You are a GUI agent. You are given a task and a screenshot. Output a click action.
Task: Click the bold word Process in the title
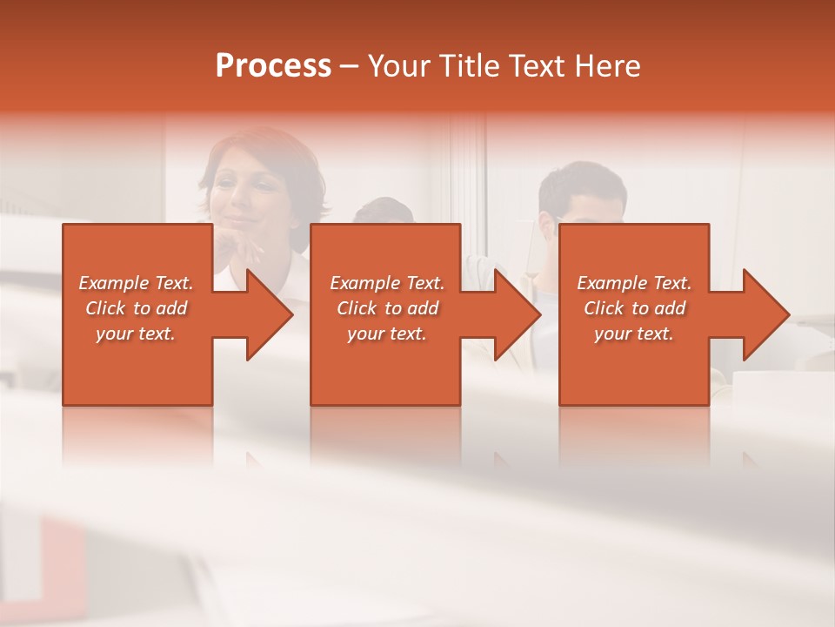[273, 66]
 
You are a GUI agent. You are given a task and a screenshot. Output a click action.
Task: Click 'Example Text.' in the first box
[136, 283]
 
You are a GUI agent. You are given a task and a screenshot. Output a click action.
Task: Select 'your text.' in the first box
[136, 334]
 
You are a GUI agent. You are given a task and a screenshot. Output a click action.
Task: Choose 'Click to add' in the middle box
[387, 308]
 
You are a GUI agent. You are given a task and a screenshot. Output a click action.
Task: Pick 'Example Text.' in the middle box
[387, 283]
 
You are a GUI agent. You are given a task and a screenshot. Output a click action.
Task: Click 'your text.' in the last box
[634, 334]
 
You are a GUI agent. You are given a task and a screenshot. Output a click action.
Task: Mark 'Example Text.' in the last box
[634, 283]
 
